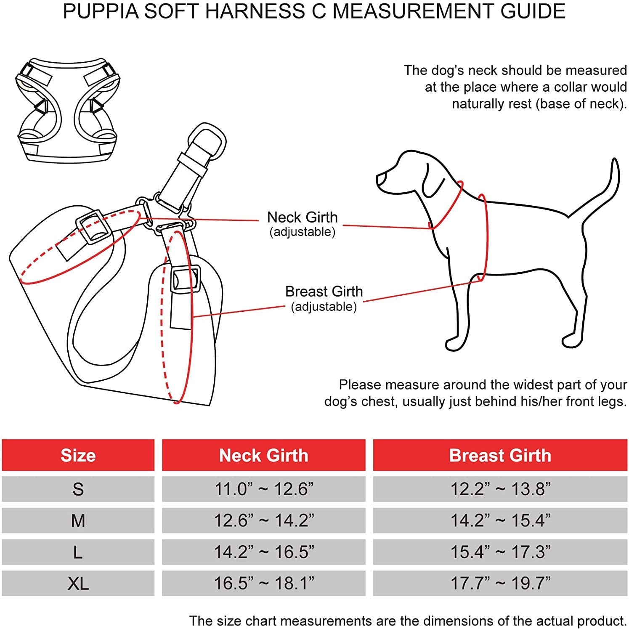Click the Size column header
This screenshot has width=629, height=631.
(78, 455)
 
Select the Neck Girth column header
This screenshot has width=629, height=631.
(264, 455)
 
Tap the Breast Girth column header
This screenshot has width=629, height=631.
(500, 455)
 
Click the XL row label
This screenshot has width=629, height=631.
(78, 583)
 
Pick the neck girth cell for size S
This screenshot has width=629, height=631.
(264, 489)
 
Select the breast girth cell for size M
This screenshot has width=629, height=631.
(500, 520)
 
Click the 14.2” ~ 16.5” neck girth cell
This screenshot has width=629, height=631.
(264, 552)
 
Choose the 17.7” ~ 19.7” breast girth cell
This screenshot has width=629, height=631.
(500, 583)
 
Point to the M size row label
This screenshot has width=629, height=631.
(78, 521)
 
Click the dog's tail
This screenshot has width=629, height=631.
(606, 185)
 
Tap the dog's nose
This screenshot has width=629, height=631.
(380, 179)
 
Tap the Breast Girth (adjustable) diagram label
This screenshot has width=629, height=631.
(324, 298)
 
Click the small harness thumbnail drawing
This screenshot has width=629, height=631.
(67, 109)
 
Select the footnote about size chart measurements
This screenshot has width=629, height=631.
(408, 621)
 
